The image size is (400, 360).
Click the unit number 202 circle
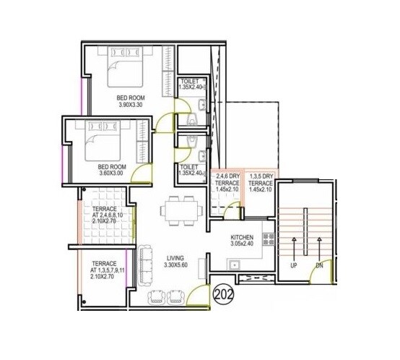pyautogui.click(x=225, y=294)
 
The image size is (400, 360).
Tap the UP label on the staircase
pyautogui.click(x=294, y=266)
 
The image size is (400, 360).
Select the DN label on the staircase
pyautogui.click(x=318, y=266)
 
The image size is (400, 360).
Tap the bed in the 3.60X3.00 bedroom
pyautogui.click(x=108, y=141)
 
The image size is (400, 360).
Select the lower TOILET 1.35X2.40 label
pyautogui.click(x=190, y=171)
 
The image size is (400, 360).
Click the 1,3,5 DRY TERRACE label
pyautogui.click(x=261, y=184)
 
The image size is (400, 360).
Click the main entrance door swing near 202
pyautogui.click(x=195, y=292)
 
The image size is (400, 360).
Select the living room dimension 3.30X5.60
pyautogui.click(x=176, y=265)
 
